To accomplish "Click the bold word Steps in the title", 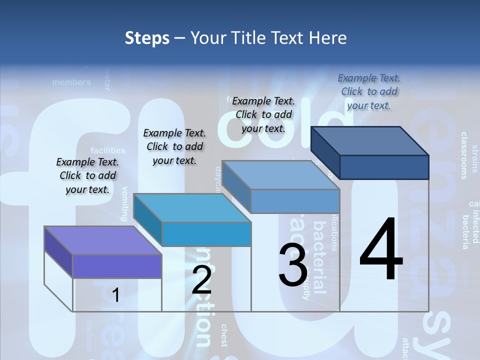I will pyautogui.click(x=147, y=38).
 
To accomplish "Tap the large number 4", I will pyautogui.click(x=381, y=250).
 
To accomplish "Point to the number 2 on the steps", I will pyautogui.click(x=201, y=280).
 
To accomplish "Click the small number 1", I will pyautogui.click(x=115, y=295).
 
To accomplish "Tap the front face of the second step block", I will pyautogui.click(x=206, y=234).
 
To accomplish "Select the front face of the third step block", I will pyautogui.click(x=295, y=201).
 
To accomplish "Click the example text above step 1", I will pyautogui.click(x=87, y=175).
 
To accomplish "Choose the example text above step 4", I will pyautogui.click(x=369, y=91).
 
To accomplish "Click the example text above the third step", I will pyautogui.click(x=263, y=114).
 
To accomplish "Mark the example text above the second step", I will pyautogui.click(x=174, y=146).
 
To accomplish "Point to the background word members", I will pyautogui.click(x=71, y=82).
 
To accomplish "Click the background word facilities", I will pyautogui.click(x=107, y=150).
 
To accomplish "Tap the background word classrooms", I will pyautogui.click(x=463, y=155).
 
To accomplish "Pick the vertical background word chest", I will pyautogui.click(x=223, y=335).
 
